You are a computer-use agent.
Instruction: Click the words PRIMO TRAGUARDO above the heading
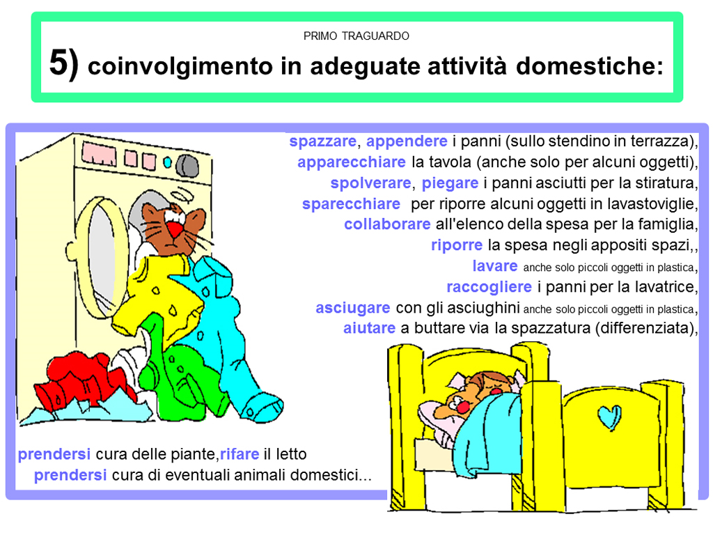point(356,36)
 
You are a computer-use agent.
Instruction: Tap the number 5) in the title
point(64,63)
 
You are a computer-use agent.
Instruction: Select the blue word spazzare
point(323,141)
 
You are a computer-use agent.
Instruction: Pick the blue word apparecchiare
point(352,162)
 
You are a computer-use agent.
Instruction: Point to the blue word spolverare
point(370,183)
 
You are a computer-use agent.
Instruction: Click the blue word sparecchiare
point(351,204)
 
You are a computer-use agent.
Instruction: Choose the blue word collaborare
point(387,224)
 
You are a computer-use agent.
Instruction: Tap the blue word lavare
point(495,265)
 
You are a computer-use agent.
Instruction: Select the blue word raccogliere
point(489,287)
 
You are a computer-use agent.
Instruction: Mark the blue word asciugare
point(353,308)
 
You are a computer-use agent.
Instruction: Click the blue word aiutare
point(369,328)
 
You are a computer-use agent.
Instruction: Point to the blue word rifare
point(240,454)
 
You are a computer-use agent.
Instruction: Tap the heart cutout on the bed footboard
point(609,418)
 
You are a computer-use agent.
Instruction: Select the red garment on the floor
point(83,380)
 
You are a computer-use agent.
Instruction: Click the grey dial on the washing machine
point(187,166)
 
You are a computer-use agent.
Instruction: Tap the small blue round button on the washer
point(167,162)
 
